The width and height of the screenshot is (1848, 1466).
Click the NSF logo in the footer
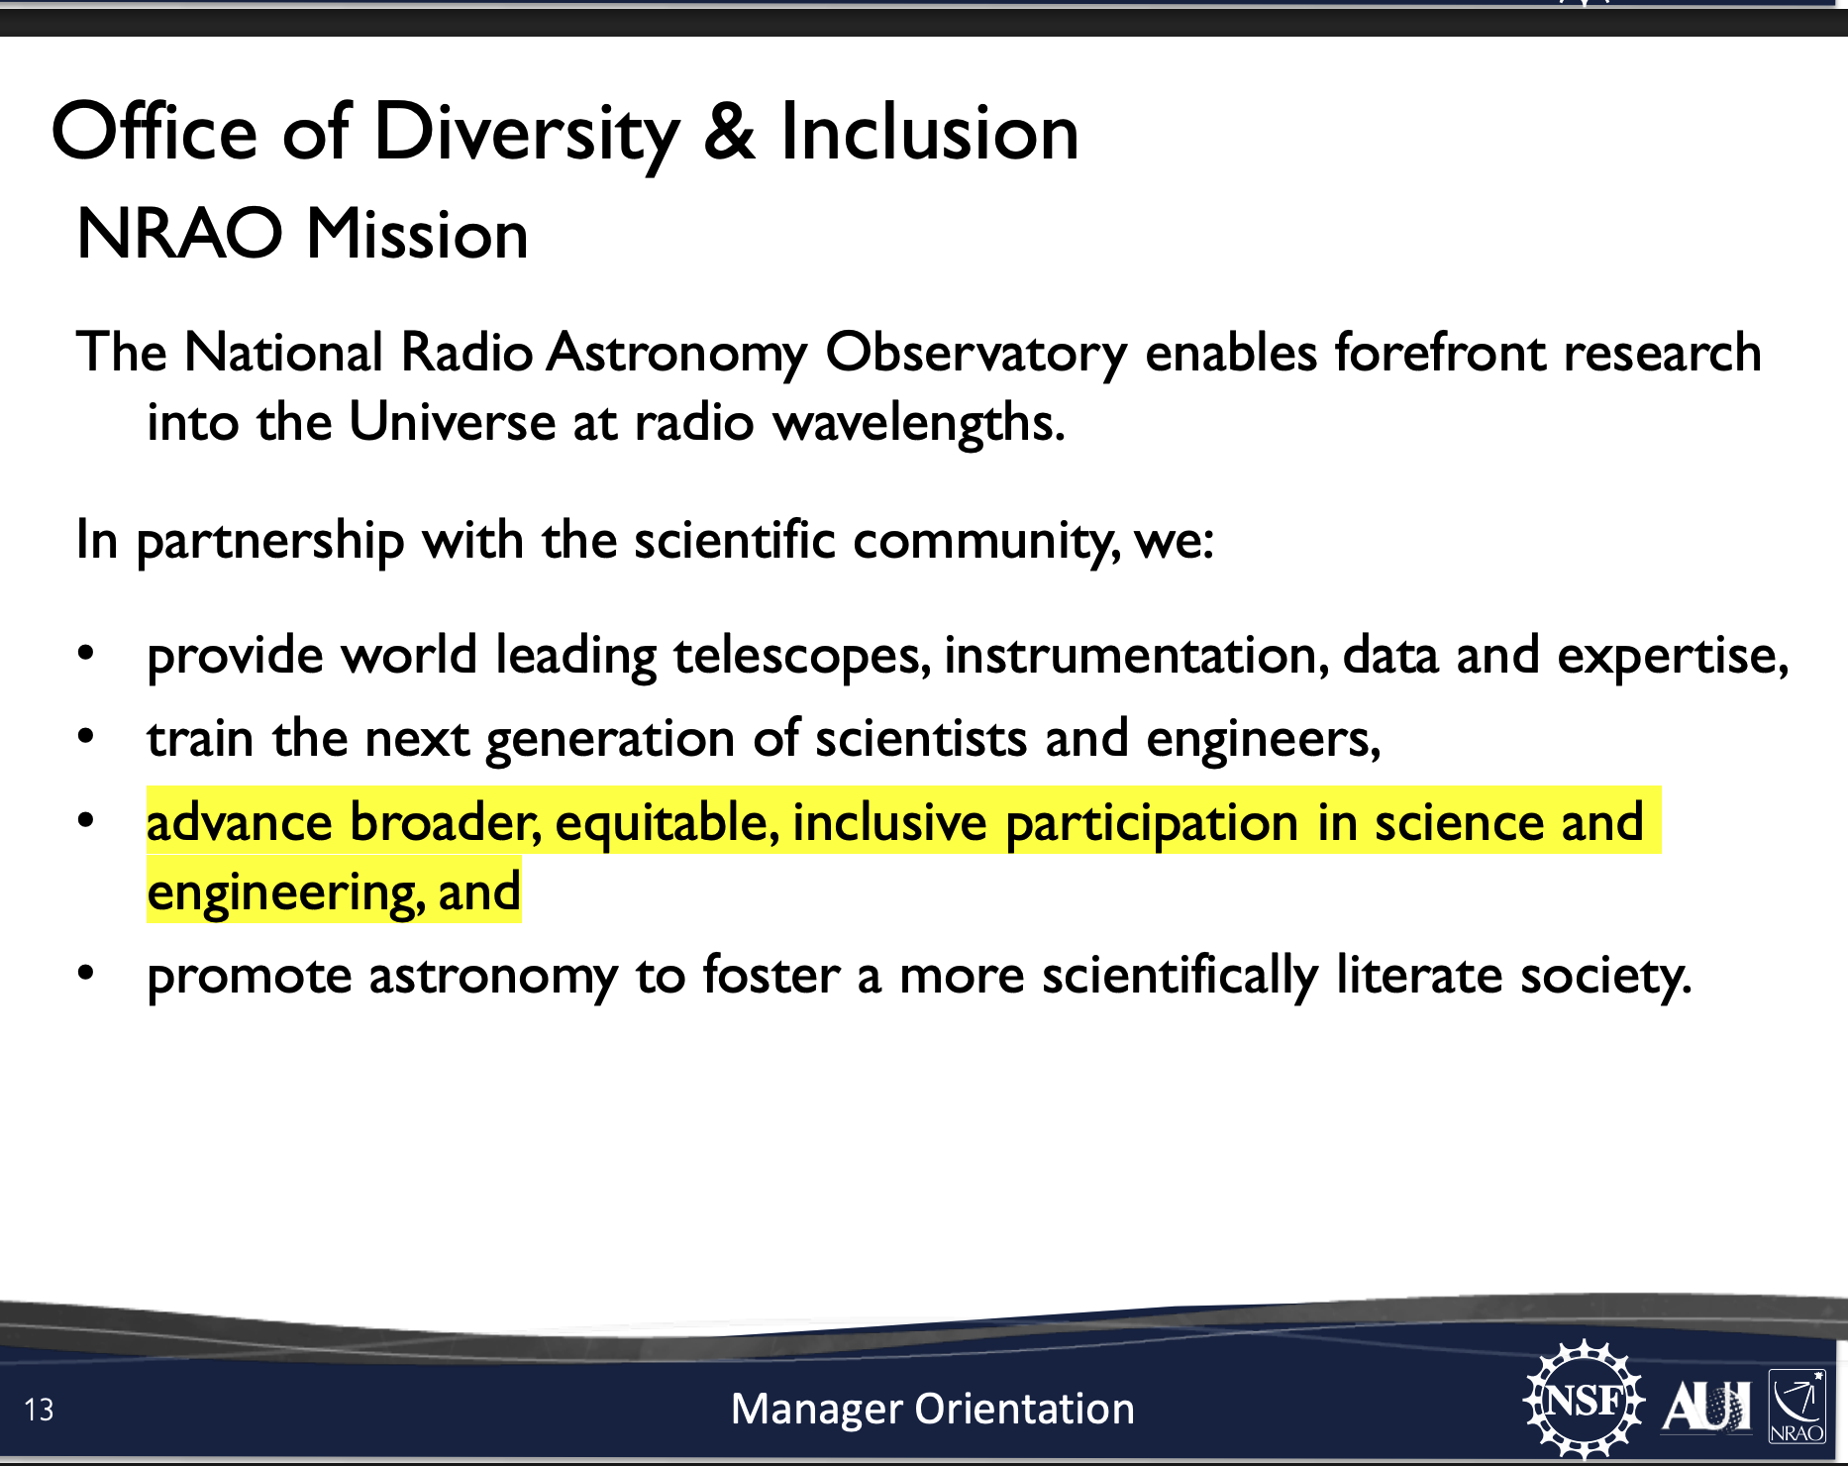coord(1583,1400)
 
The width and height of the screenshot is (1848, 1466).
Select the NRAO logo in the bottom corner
coord(1797,1406)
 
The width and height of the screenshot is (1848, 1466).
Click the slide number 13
coord(39,1410)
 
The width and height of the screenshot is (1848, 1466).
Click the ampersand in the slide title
coord(729,132)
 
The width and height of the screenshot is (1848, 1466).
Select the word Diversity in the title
coord(527,134)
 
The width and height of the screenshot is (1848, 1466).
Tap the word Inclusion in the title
coord(929,132)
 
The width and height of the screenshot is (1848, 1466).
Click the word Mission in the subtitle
coord(417,235)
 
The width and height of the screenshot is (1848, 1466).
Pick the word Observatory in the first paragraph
coord(975,355)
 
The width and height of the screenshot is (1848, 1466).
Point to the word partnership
coord(269,542)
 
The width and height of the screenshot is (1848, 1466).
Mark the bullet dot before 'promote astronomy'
coord(86,973)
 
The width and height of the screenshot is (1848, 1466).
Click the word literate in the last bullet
coord(1419,975)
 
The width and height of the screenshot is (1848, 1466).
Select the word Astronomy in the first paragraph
coord(677,355)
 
